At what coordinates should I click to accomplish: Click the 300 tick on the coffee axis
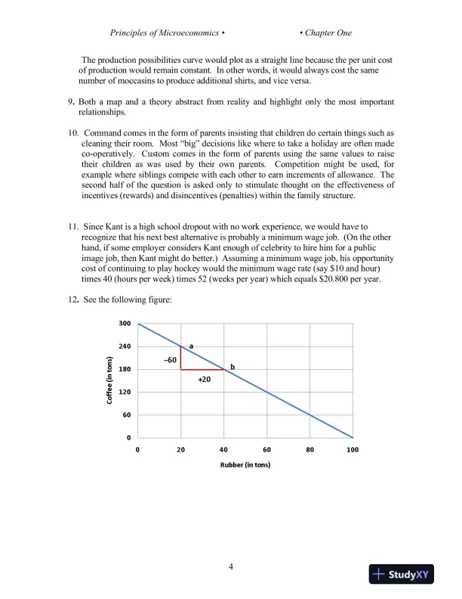click(125, 324)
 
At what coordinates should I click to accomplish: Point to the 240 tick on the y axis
click(125, 346)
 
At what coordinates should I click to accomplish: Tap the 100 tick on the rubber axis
click(353, 449)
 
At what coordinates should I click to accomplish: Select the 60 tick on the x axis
click(266, 449)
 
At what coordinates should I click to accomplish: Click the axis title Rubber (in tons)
click(245, 464)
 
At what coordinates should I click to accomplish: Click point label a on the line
click(191, 345)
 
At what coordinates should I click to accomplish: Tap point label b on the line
click(233, 367)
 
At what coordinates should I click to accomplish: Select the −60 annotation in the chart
click(170, 360)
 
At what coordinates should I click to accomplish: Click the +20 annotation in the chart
click(204, 380)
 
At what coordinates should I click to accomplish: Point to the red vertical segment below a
click(180, 358)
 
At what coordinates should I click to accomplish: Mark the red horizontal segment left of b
click(202, 370)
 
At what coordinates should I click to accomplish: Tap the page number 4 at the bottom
click(231, 566)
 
